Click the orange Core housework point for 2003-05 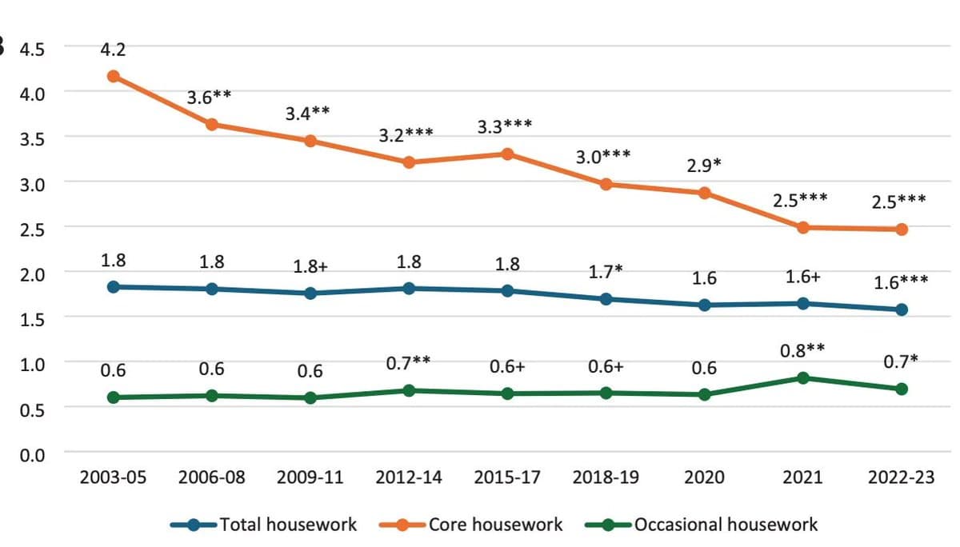click(114, 77)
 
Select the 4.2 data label click(113, 50)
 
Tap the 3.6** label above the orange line click(210, 98)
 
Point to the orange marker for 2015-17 click(507, 154)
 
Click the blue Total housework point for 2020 click(705, 305)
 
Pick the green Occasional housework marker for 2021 click(803, 377)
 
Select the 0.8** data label click(802, 350)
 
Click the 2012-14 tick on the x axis click(409, 478)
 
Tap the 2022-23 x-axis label click(901, 478)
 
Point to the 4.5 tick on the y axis click(33, 49)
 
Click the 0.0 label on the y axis click(33, 454)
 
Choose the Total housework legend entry click(264, 525)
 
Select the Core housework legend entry click(480, 525)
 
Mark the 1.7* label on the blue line click(606, 272)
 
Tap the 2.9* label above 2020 click(704, 166)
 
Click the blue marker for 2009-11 click(310, 293)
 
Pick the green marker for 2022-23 click(902, 389)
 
